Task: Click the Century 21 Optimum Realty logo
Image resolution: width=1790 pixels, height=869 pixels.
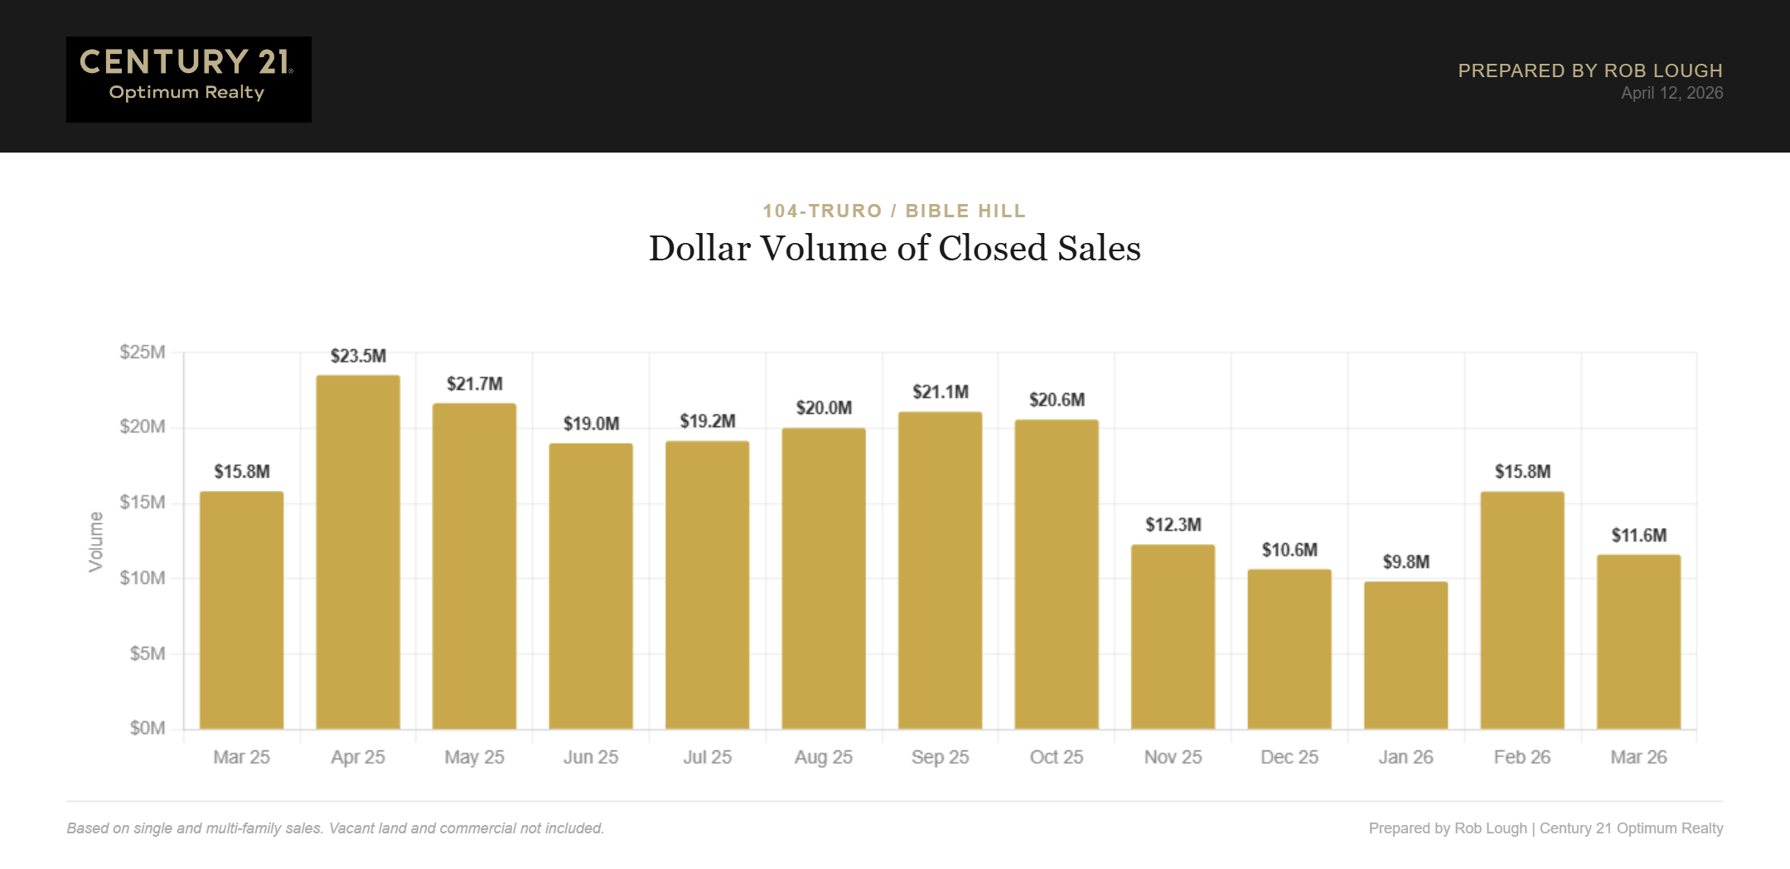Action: point(188,79)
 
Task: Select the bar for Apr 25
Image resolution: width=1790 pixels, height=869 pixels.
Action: point(358,552)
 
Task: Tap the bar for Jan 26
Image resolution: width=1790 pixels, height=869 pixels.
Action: point(1405,655)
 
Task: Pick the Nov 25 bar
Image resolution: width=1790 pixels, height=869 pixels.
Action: point(1173,637)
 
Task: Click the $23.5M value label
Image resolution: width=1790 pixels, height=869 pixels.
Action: point(358,356)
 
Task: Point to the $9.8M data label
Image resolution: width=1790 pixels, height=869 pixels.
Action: point(1405,562)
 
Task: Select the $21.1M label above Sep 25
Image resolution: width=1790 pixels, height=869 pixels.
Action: point(940,391)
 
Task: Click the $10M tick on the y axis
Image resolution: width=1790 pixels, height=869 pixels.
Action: point(143,577)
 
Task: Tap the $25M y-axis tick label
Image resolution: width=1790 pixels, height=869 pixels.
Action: point(143,352)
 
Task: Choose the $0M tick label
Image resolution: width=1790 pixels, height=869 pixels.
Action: point(147,728)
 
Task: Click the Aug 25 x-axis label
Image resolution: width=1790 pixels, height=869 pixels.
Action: point(823,757)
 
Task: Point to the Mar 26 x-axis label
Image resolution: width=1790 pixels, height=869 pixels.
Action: point(1638,757)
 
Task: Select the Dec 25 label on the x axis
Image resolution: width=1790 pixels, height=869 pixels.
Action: point(1289,757)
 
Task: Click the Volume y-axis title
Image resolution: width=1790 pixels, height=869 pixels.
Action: point(96,541)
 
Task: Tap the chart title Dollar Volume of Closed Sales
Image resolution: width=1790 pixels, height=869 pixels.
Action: point(894,248)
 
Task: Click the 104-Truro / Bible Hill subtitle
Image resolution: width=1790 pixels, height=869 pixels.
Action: point(894,211)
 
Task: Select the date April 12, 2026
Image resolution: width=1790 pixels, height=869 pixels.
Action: point(1671,93)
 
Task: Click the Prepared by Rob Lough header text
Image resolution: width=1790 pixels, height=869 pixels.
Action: point(1589,70)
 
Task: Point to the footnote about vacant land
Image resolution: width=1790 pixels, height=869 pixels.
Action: point(335,828)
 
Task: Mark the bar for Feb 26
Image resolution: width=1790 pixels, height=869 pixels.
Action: point(1521,610)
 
